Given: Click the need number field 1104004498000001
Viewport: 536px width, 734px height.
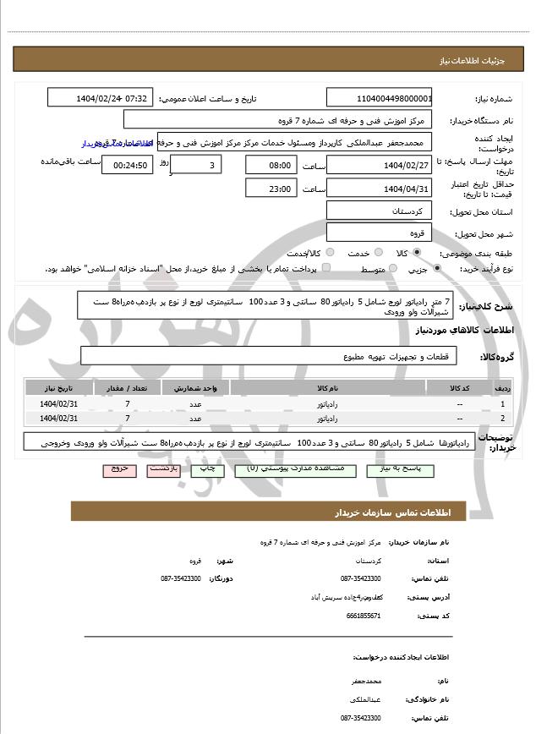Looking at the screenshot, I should pyautogui.click(x=379, y=98).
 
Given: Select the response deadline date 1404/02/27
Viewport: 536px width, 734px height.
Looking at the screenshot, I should pyautogui.click(x=379, y=165).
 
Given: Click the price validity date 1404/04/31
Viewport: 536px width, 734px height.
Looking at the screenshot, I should pyautogui.click(x=379, y=189).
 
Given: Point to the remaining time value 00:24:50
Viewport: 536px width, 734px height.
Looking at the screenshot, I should pyautogui.click(x=127, y=166).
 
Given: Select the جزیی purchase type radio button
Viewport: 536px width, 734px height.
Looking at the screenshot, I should pyautogui.click(x=436, y=269).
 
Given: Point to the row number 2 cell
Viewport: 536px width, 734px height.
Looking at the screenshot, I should pyautogui.click(x=503, y=418).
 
